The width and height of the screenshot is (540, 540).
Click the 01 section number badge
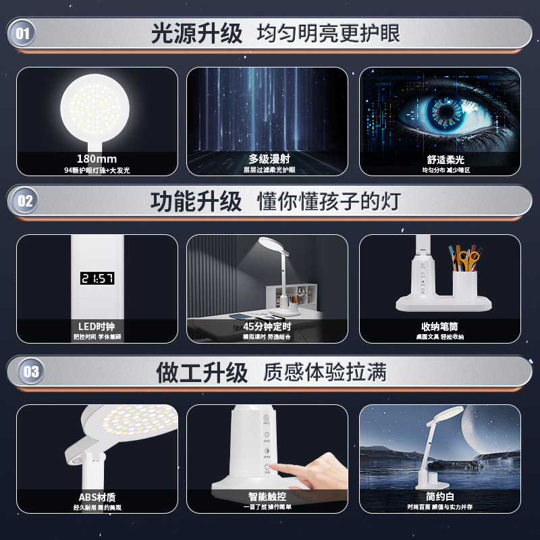click(x=22, y=33)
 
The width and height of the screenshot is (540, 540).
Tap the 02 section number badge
click(x=25, y=201)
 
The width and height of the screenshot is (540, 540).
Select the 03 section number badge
click(x=31, y=371)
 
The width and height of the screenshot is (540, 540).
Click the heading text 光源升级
click(x=196, y=33)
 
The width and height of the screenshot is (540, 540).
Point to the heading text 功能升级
click(x=196, y=201)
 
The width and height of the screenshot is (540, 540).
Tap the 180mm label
click(x=97, y=159)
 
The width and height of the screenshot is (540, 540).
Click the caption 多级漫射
click(x=269, y=159)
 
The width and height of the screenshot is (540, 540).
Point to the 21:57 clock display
click(x=97, y=278)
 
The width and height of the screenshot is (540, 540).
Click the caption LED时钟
click(x=97, y=327)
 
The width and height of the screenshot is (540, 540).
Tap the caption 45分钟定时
click(x=269, y=327)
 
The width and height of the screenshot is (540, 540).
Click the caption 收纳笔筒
click(x=440, y=327)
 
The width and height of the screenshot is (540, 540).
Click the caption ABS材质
click(x=97, y=497)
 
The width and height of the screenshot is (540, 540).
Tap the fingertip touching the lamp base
click(x=279, y=468)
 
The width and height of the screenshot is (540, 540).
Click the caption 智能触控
click(x=269, y=497)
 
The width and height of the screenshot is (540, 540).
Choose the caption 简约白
click(x=440, y=497)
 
